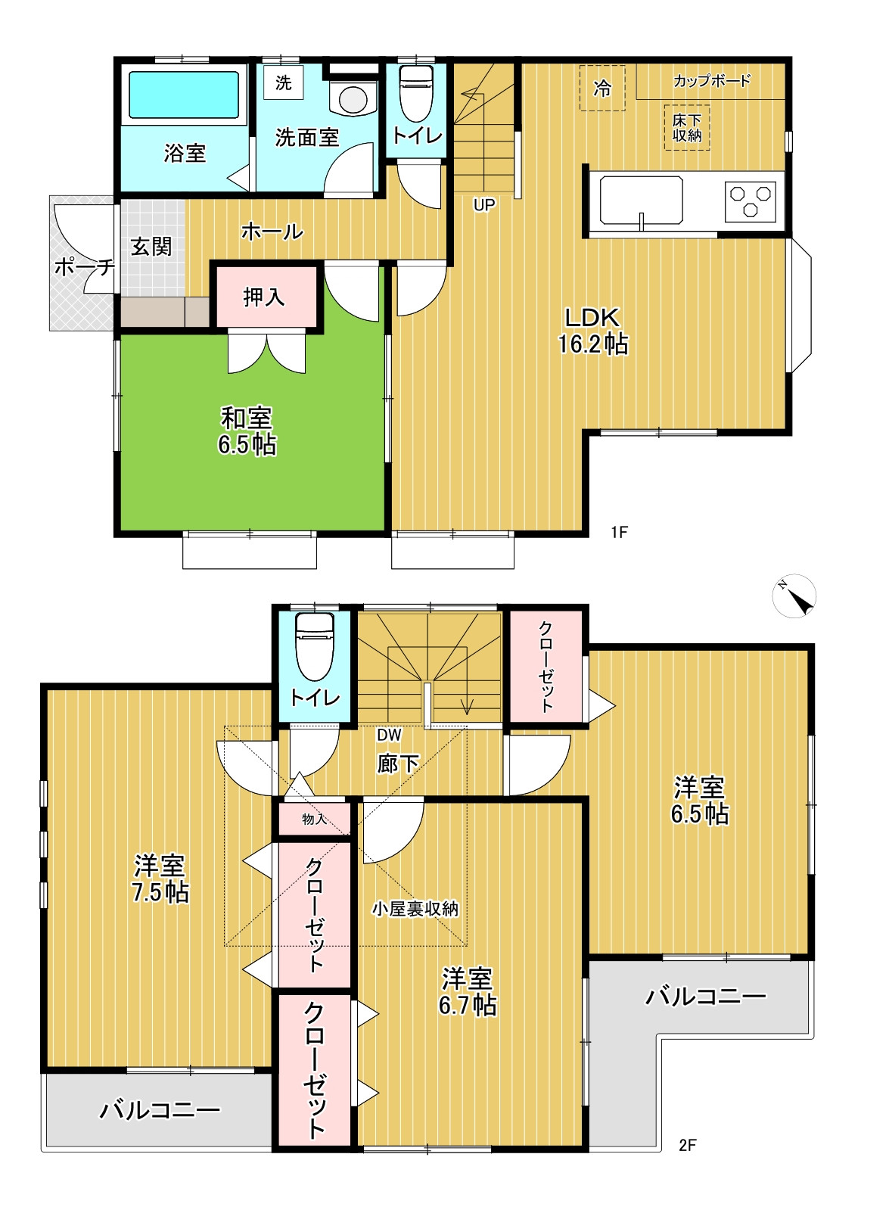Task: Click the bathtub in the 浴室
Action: coord(184,95)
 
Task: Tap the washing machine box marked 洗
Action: coord(284,82)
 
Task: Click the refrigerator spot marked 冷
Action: coord(602,88)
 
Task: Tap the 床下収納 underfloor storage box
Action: coord(686,127)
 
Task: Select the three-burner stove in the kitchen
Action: coord(750,201)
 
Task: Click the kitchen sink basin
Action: coord(641,200)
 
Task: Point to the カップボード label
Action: coord(712,81)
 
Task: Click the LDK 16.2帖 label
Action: coord(592,331)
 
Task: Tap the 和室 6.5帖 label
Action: coord(247,431)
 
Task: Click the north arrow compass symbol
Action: coord(794,596)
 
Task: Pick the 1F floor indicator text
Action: coord(619,532)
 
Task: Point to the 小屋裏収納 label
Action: coord(415,909)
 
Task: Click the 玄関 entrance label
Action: coord(151,247)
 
